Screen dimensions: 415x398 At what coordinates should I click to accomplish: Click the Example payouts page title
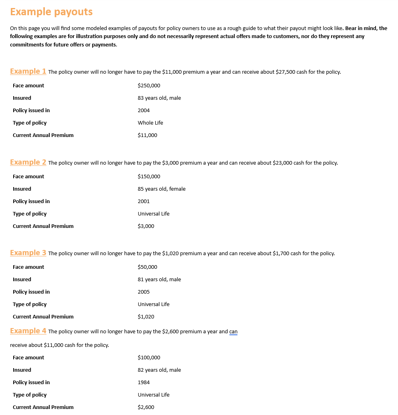[51, 12]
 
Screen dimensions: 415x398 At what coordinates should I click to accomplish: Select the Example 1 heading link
[28, 71]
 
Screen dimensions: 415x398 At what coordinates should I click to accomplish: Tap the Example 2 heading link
[28, 162]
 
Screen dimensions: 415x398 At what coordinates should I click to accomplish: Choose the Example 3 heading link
[28, 253]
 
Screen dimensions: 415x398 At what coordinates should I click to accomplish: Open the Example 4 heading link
[28, 331]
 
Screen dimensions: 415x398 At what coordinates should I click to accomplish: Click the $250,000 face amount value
[149, 86]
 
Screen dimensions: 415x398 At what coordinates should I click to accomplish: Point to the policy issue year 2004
[144, 111]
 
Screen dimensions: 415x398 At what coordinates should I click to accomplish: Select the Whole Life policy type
[151, 123]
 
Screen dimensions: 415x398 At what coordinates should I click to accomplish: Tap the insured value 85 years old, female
[162, 189]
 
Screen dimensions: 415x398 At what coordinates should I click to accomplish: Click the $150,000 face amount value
[149, 177]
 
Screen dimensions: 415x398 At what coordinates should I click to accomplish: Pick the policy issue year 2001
[144, 201]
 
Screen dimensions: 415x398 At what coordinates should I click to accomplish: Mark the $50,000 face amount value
[147, 267]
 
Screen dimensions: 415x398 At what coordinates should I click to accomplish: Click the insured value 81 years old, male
[159, 280]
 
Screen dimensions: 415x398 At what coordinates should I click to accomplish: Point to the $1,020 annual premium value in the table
[146, 317]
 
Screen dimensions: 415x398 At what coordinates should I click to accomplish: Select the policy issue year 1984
[144, 383]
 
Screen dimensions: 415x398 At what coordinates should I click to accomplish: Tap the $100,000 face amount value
[149, 358]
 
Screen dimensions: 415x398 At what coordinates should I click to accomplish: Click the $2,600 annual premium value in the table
[146, 407]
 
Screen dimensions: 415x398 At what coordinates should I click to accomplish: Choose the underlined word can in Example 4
[233, 332]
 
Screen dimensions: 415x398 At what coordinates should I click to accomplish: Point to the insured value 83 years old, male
[159, 98]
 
